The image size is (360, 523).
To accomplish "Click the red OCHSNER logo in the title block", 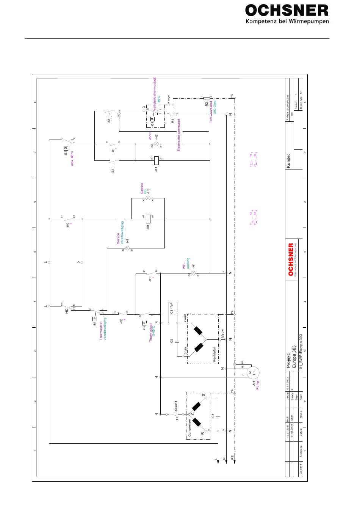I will pyautogui.click(x=291, y=260).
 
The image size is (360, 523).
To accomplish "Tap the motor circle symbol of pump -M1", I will pyautogui.click(x=252, y=372).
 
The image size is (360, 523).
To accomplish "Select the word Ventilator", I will pyautogui.click(x=214, y=354).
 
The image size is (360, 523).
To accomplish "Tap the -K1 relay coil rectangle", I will pyautogui.click(x=156, y=160).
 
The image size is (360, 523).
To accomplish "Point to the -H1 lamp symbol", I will pyautogui.click(x=193, y=273).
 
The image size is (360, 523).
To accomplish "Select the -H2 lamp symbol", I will pyautogui.click(x=156, y=144).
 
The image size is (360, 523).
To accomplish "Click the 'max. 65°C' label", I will pyautogui.click(x=72, y=158).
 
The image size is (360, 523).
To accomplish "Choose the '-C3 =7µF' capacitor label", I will pyautogui.click(x=172, y=309).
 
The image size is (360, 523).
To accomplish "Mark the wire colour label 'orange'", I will pyautogui.click(x=169, y=100).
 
